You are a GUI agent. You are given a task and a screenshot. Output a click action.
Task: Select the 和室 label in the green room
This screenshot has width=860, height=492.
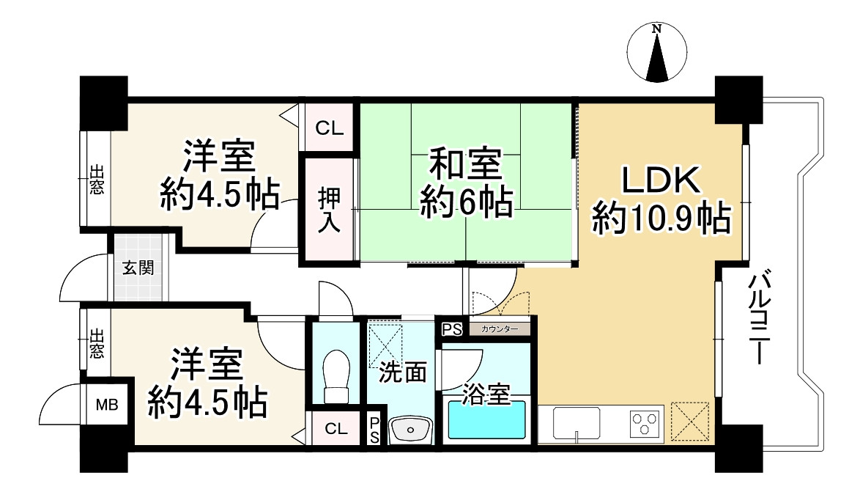click(465, 164)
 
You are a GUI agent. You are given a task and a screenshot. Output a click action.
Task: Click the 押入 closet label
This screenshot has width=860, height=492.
click(328, 210)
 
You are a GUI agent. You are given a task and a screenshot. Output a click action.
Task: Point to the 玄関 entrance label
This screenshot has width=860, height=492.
click(138, 267)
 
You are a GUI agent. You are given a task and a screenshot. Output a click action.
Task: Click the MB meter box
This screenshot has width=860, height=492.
click(108, 404)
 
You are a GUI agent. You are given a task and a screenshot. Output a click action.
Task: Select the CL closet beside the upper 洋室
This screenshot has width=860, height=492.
click(329, 128)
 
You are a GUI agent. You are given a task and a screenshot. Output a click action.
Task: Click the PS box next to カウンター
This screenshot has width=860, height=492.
click(451, 329)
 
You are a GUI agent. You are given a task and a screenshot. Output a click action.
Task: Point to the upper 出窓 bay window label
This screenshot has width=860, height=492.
click(96, 180)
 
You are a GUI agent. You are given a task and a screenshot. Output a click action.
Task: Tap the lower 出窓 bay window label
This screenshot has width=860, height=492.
click(96, 344)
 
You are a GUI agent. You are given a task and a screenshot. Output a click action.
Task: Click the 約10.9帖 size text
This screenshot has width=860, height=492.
click(661, 218)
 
